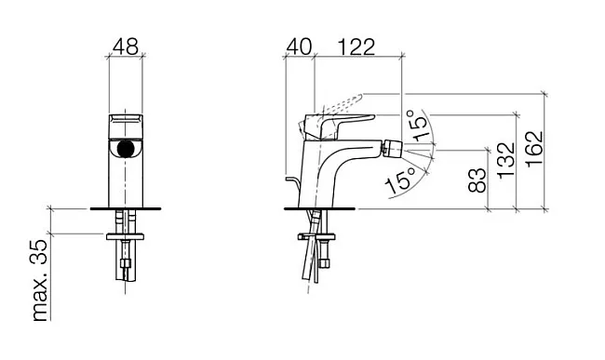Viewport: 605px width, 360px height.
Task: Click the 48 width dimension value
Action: [126, 47]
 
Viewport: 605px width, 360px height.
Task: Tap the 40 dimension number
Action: [299, 47]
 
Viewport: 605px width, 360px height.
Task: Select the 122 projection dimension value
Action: [356, 47]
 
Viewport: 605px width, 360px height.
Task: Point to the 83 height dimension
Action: [477, 180]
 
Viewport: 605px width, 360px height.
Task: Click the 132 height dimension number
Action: [506, 160]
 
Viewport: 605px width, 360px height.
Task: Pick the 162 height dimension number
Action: [534, 149]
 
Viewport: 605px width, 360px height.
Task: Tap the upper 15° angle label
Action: [417, 124]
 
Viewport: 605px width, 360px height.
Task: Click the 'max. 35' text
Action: [39, 280]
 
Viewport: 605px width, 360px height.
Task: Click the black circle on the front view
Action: [126, 149]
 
